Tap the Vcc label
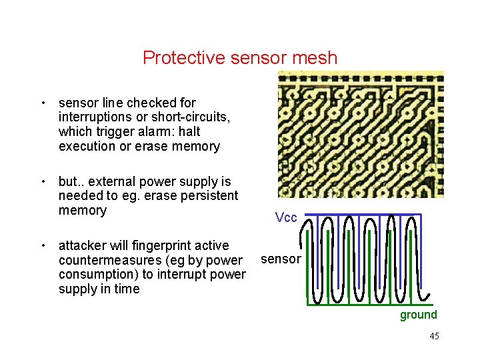point(286,218)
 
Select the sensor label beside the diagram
point(281,259)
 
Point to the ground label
point(418,315)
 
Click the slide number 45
point(434,336)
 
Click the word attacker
point(83,245)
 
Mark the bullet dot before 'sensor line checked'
point(43,103)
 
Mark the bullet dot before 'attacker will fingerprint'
point(43,246)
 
